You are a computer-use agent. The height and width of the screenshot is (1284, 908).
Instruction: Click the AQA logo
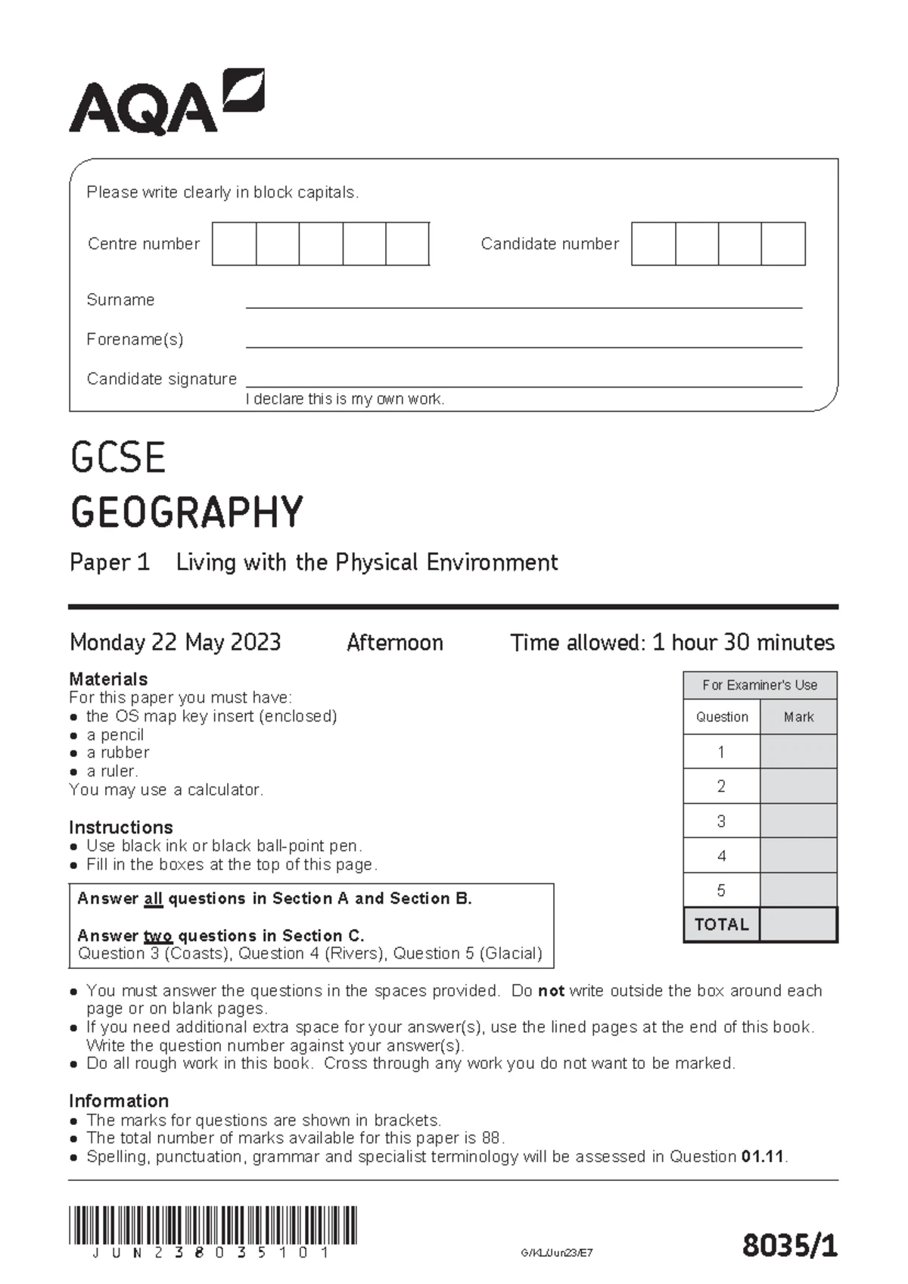(166, 103)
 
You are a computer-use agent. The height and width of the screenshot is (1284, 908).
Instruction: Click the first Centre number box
(234, 244)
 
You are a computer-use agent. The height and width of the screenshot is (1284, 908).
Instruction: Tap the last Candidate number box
(783, 244)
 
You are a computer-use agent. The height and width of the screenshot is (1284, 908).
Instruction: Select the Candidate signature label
(161, 379)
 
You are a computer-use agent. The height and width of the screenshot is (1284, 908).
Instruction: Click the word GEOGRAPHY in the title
(187, 512)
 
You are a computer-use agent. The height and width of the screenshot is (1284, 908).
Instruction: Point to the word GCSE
(118, 458)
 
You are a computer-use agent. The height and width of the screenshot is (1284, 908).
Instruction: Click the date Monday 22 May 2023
(175, 643)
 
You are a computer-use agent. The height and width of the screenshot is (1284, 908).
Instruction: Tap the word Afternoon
(394, 643)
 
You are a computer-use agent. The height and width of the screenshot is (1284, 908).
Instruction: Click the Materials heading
(108, 679)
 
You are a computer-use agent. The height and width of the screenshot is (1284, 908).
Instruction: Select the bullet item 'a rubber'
(117, 753)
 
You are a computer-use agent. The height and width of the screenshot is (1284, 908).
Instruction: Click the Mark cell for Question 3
(798, 821)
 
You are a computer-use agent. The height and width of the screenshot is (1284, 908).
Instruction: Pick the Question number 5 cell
(721, 890)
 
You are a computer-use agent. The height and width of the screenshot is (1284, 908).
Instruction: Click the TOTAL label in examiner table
(721, 924)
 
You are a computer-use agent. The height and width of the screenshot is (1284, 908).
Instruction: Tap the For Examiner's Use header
(760, 685)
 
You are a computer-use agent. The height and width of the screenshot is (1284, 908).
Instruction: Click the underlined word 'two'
(158, 936)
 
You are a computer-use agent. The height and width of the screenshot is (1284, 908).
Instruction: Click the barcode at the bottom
(213, 1226)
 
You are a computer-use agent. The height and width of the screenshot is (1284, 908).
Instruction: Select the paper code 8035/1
(789, 1245)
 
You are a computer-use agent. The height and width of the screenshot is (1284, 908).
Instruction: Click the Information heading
(119, 1101)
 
